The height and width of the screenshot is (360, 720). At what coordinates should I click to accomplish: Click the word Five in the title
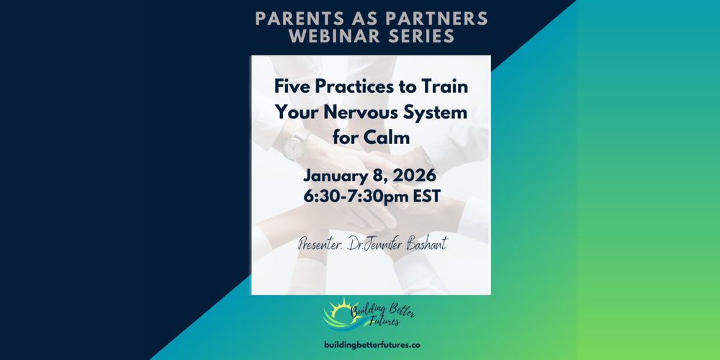(292, 87)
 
